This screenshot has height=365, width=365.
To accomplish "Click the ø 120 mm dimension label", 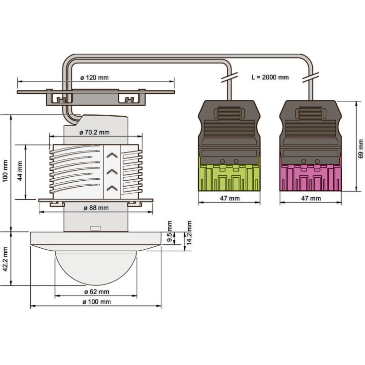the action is (94, 77).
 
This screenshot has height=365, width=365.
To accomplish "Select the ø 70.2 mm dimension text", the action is (94, 133).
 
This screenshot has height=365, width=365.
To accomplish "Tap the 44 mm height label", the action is (20, 171).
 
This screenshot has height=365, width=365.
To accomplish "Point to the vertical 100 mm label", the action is (5, 171).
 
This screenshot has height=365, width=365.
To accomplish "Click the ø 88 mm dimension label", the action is (96, 208).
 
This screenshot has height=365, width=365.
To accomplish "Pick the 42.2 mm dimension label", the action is (5, 259).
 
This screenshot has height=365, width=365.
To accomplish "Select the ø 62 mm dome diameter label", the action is (97, 292).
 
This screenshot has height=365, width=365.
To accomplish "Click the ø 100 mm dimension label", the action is (97, 302).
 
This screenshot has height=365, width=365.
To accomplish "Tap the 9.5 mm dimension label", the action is (170, 231).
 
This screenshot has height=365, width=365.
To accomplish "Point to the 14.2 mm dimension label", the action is (189, 233).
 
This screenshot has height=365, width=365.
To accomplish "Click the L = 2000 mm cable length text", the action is (270, 77).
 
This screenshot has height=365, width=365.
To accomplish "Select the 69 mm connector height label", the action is (361, 149).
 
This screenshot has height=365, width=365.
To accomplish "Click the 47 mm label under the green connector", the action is (230, 198).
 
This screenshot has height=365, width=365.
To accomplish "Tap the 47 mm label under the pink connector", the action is (311, 198).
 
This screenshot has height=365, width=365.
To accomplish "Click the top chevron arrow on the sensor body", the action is (112, 155).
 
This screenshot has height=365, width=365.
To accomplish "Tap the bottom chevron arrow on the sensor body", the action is (112, 188).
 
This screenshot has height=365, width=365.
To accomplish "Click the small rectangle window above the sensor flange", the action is (96, 228).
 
